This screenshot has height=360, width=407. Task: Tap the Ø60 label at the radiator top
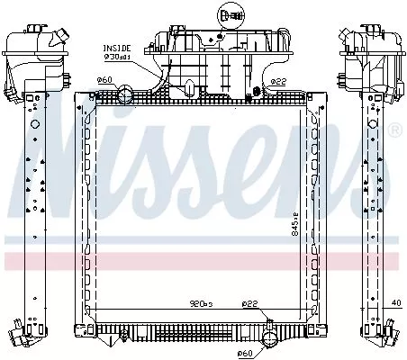[104, 80]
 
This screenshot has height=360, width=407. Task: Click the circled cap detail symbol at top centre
[228, 14]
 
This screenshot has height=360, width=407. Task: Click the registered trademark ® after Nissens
[393, 130]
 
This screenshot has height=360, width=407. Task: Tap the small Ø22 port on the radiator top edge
[258, 89]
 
